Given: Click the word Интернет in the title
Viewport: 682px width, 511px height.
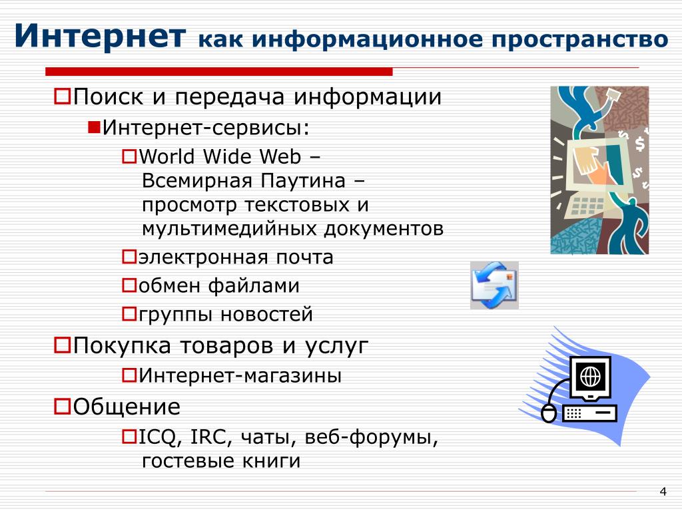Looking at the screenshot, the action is pyautogui.click(x=101, y=35).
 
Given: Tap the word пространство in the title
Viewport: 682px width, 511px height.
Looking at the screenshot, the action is pyautogui.click(x=580, y=40).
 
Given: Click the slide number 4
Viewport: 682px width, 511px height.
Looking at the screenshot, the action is pyautogui.click(x=663, y=492).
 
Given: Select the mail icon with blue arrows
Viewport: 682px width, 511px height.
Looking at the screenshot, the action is pyautogui.click(x=495, y=285).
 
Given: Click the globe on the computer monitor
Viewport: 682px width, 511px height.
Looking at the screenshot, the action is pyautogui.click(x=591, y=377).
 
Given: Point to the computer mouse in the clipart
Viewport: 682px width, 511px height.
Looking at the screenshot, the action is pyautogui.click(x=549, y=413).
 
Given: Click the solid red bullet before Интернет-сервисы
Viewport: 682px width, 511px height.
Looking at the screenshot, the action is pyautogui.click(x=94, y=127).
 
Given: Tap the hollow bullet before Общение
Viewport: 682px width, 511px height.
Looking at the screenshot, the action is pyautogui.click(x=62, y=407).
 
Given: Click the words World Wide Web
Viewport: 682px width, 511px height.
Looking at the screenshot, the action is pyautogui.click(x=220, y=156).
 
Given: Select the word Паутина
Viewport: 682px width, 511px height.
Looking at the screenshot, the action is pyautogui.click(x=303, y=181).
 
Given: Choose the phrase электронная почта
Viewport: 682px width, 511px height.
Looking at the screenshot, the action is pyautogui.click(x=236, y=257).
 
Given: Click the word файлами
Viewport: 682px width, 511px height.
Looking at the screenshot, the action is pyautogui.click(x=254, y=286).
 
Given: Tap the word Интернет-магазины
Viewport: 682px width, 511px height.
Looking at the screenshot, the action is pyautogui.click(x=240, y=375).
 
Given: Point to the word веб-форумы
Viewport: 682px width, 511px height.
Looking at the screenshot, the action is pyautogui.click(x=371, y=438).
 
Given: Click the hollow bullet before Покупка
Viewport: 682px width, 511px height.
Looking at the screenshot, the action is pyautogui.click(x=62, y=346).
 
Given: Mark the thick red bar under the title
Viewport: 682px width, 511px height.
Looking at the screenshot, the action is pyautogui.click(x=218, y=72).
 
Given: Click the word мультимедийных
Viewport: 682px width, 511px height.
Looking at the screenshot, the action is pyautogui.click(x=230, y=229).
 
